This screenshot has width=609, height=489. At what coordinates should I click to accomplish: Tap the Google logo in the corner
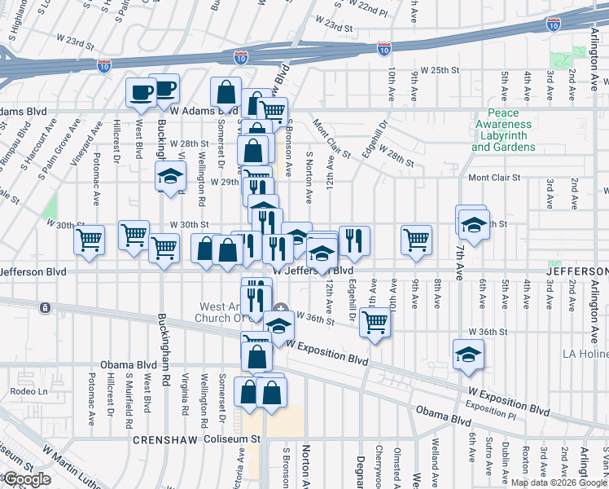point(26,479)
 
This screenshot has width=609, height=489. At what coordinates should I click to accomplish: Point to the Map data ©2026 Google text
point(559,482)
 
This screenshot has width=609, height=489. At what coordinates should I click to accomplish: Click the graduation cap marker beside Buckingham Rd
point(171,177)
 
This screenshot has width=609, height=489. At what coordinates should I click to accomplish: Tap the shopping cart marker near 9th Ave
point(416,240)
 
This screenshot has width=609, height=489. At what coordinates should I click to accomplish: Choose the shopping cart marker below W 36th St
point(375,321)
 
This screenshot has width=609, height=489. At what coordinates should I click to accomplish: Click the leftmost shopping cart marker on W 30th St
point(89,240)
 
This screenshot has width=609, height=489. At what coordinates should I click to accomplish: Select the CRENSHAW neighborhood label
point(161,440)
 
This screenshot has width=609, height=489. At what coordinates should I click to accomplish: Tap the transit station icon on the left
point(45,308)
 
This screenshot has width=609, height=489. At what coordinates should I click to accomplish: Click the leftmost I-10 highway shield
point(104,64)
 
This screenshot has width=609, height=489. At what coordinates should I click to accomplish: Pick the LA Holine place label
point(585,355)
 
